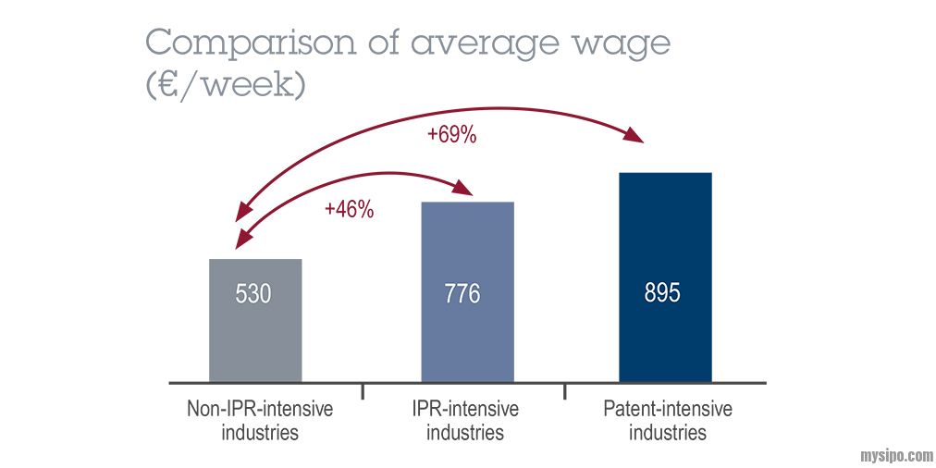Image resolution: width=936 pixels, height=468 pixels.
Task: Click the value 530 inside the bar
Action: pos(253,294)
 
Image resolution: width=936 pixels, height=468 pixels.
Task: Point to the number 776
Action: pos(462,294)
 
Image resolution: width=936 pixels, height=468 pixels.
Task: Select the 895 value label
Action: pos(662,293)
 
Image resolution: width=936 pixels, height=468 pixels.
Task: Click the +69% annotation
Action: pos(451,135)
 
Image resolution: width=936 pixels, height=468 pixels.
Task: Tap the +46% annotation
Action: pos(349,210)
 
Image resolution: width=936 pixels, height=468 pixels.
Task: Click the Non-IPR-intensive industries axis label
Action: pos(260,420)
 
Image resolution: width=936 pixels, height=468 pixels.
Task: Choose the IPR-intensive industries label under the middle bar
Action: pos(465,420)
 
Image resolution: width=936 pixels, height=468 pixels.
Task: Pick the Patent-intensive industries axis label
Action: pos(667,420)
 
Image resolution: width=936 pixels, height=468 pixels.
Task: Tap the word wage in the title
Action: pos(616,43)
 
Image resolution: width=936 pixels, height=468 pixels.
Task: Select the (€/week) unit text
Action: pos(226,86)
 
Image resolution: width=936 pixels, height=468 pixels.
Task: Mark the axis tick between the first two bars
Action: pos(362,390)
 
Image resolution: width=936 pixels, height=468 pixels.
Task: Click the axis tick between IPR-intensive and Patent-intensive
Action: pos(565,390)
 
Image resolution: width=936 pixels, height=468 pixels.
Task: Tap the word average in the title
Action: pos(478,43)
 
